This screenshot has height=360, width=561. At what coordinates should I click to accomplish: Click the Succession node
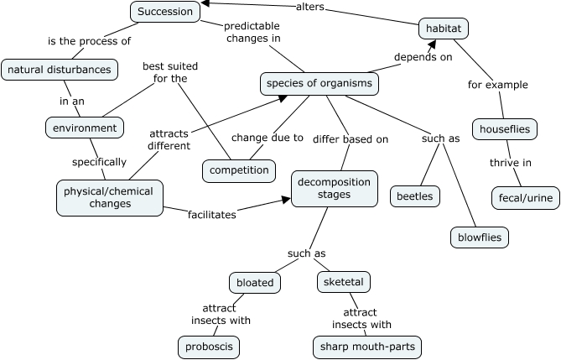165,12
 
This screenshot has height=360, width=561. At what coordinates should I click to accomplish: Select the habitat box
443,29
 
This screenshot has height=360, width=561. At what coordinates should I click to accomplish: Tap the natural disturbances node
59,70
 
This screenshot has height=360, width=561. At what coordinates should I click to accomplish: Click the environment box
85,128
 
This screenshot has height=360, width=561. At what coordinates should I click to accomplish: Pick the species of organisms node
319,84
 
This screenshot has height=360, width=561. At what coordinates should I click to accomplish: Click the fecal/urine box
520,196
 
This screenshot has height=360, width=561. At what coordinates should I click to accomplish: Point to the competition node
239,170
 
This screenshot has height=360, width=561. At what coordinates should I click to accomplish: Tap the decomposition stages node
335,188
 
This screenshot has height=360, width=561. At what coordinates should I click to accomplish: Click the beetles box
416,196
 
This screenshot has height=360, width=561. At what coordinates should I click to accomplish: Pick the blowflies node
480,237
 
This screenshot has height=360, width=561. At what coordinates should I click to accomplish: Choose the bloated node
254,282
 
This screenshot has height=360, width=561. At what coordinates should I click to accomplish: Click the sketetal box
344,282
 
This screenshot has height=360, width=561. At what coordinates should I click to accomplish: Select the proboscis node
209,346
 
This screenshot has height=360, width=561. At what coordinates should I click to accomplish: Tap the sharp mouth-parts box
366,346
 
